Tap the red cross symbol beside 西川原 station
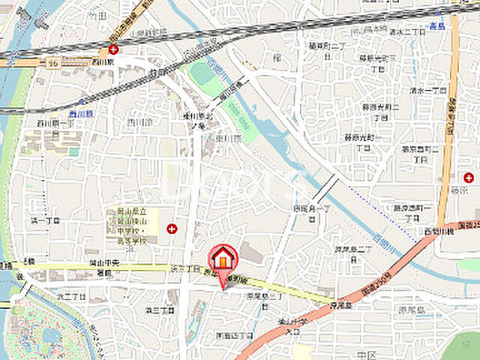click(x=112, y=49)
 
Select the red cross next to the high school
click(x=172, y=228)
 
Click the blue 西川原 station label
click(x=79, y=112)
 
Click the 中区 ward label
click(x=367, y=354)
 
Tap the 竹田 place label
click(x=97, y=14)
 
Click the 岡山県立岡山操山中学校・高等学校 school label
click(x=131, y=228)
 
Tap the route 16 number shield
click(x=53, y=64)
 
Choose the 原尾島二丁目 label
click(x=353, y=249)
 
